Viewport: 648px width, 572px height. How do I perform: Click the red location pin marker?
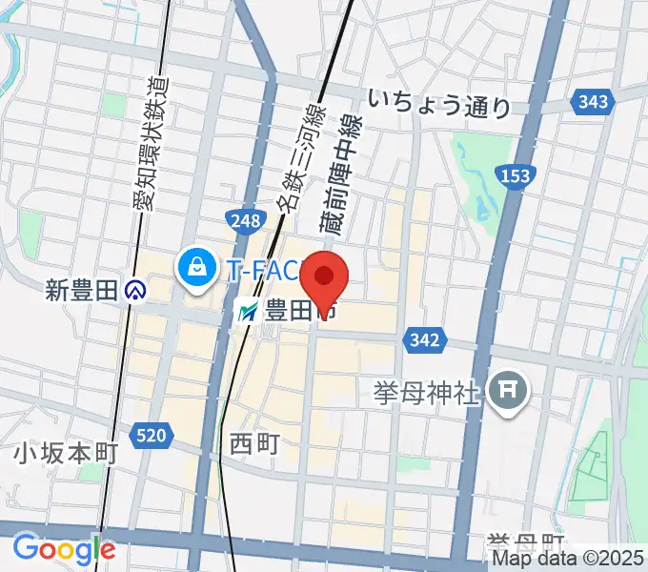point(324,279)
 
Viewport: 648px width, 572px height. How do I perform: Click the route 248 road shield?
point(244,221)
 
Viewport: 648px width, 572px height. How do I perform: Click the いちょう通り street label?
point(439,104)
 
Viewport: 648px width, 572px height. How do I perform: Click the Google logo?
point(64,549)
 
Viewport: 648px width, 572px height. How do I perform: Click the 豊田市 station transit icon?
point(249,311)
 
